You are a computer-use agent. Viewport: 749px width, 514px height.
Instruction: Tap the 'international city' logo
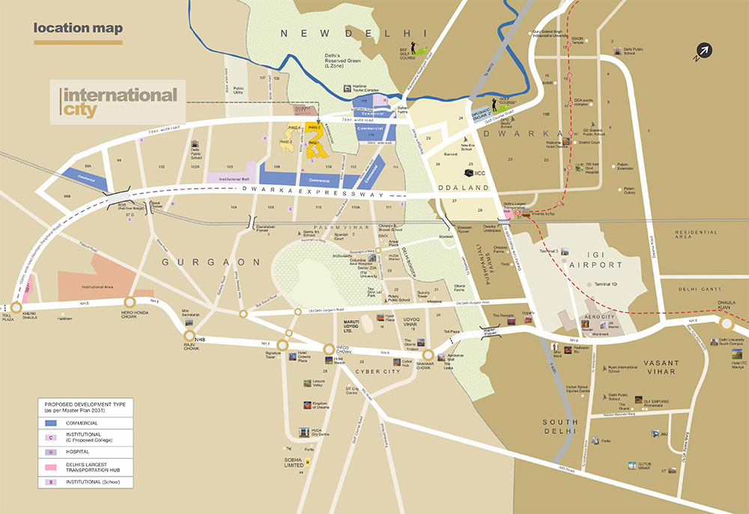[x=120, y=103]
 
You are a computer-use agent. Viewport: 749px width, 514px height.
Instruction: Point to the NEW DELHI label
[x=353, y=34]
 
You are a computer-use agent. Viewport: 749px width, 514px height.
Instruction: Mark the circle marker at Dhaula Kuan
[x=727, y=324]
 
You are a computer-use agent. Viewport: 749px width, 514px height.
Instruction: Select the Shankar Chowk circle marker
[x=428, y=355]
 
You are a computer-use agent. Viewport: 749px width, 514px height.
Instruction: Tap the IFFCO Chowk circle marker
[x=330, y=348]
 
